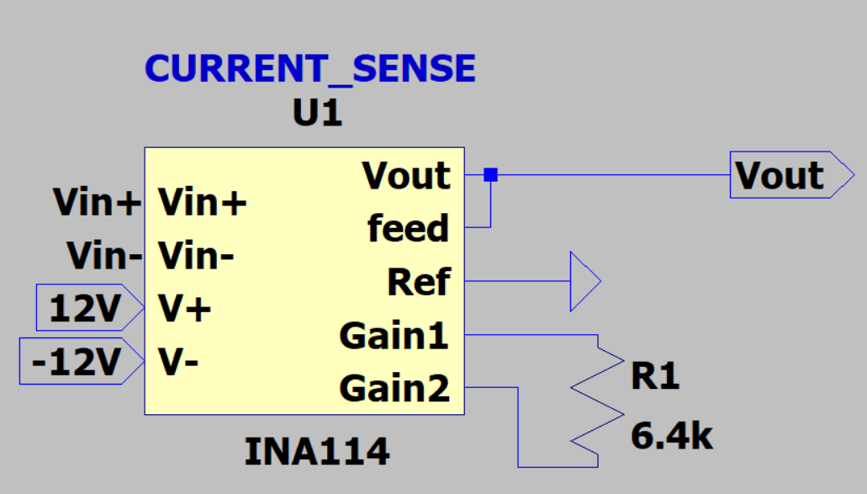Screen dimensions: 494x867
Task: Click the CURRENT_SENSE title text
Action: [310, 69]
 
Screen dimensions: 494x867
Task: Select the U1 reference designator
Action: [317, 114]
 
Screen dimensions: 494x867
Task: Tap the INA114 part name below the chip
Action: [317, 453]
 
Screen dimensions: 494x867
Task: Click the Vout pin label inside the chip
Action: [407, 176]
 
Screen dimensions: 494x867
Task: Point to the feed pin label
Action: [409, 229]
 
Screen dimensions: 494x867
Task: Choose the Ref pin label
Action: [419, 283]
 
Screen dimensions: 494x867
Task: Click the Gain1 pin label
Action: [394, 337]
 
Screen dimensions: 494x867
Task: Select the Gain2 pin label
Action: [394, 389]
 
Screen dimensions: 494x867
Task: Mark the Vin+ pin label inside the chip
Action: [203, 203]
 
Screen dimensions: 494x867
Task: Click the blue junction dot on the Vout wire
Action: [491, 175]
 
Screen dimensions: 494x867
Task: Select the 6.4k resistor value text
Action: [672, 437]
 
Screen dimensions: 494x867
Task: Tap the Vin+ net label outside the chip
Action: [97, 203]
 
